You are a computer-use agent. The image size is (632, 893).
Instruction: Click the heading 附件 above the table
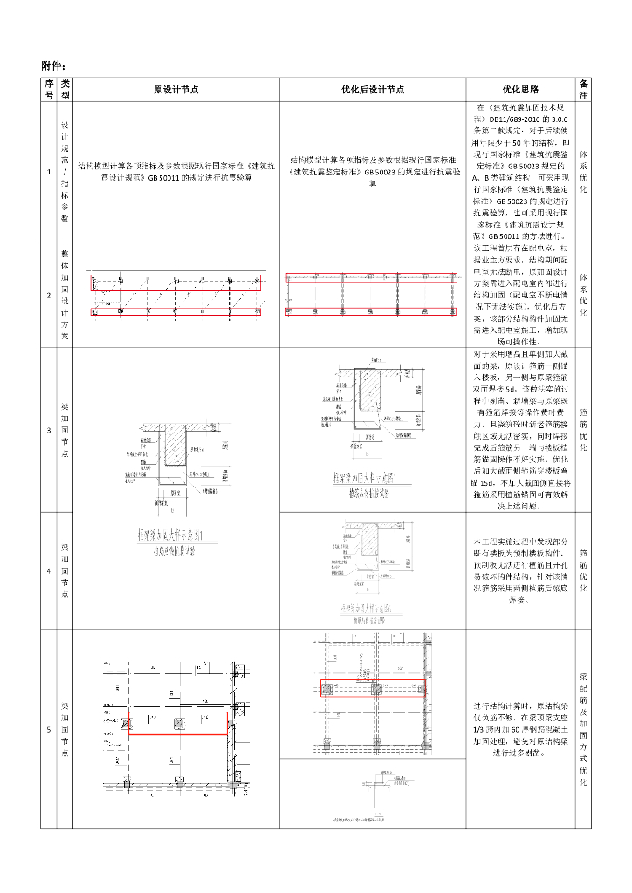53,66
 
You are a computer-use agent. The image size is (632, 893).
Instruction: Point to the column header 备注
584,89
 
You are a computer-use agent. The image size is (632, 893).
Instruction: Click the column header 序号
49,89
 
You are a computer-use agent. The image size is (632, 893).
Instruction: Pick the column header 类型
64,89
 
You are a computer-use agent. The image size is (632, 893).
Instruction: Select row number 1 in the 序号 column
49,172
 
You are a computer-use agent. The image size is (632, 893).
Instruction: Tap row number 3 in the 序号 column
49,430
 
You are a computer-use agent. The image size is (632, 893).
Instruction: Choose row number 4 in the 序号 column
49,570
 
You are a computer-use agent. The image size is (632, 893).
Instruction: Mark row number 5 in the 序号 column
49,729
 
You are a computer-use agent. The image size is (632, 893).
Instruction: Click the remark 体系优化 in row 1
584,172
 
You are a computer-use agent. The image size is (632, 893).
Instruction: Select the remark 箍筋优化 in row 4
584,570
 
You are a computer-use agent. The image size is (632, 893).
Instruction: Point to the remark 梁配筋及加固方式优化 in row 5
584,729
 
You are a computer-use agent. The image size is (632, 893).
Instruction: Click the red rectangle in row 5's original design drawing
178,723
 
